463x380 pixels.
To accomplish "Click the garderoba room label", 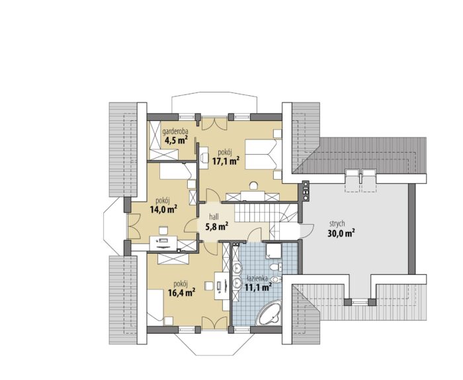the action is pyautogui.click(x=175, y=132).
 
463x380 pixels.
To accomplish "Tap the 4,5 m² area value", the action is pyautogui.click(x=177, y=140).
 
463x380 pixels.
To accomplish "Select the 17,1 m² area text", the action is pyautogui.click(x=226, y=161).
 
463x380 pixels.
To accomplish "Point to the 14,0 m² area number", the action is pyautogui.click(x=163, y=209).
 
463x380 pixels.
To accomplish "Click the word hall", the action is pyautogui.click(x=214, y=217).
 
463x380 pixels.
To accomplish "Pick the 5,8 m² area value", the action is pyautogui.click(x=216, y=226).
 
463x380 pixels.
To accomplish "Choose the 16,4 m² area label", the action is pyautogui.click(x=181, y=293).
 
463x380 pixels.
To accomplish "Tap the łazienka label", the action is pyautogui.click(x=257, y=278).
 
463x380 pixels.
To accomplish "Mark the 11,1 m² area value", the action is pyautogui.click(x=259, y=286).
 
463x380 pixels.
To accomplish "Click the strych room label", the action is pyautogui.click(x=336, y=224).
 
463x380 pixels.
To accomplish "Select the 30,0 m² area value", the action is pyautogui.click(x=341, y=233).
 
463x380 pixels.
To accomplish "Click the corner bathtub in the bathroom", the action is pyautogui.click(x=269, y=313).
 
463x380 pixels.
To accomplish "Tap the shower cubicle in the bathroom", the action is pyautogui.click(x=274, y=250).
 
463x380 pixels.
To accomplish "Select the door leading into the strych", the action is pyautogui.click(x=307, y=231).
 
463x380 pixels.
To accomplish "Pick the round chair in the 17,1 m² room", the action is pyautogui.click(x=253, y=186).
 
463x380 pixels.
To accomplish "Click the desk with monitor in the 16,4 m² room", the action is pyautogui.click(x=222, y=285).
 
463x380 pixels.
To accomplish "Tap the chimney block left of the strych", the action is pyautogui.click(x=306, y=190).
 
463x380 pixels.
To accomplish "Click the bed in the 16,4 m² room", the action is pyautogui.click(x=155, y=305).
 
